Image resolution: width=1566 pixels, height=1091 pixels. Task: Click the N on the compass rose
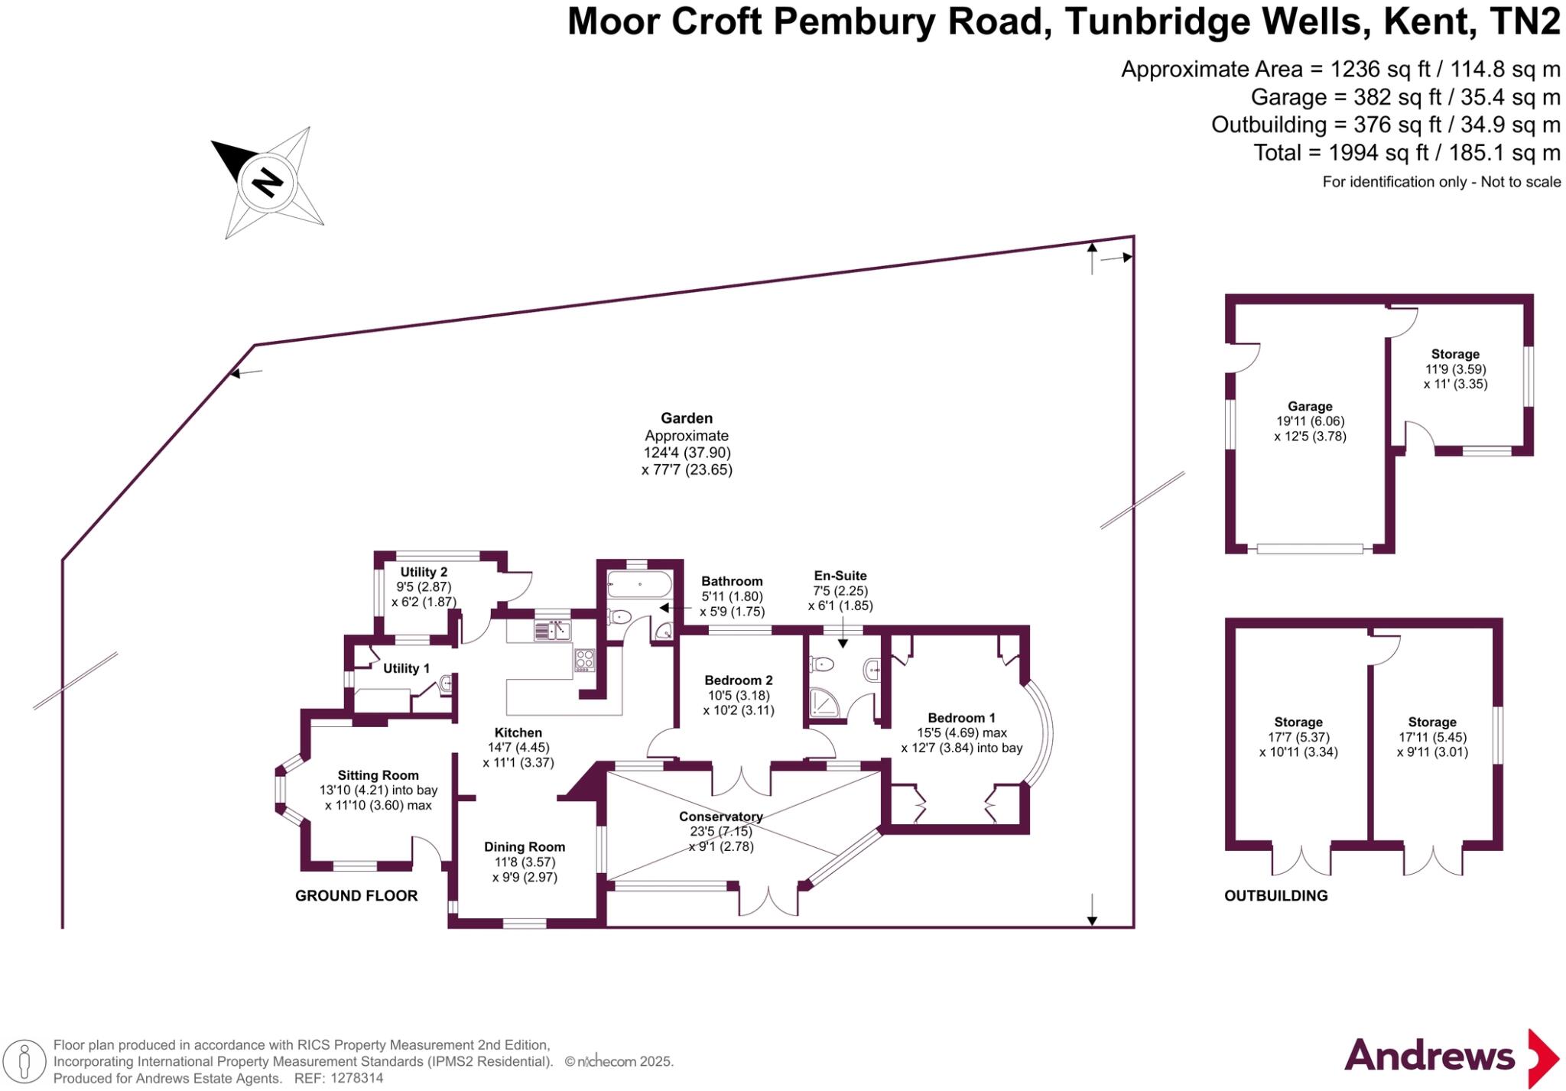268,182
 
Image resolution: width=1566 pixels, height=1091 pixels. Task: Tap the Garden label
687,418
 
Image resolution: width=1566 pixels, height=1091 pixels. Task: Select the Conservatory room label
720,817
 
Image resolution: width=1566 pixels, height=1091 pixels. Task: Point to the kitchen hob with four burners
585,660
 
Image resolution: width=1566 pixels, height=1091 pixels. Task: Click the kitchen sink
552,630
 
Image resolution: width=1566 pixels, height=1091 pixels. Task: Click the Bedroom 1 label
961,718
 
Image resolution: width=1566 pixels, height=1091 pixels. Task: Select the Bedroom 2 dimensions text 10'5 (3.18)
738,696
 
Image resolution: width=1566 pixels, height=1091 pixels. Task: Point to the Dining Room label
525,847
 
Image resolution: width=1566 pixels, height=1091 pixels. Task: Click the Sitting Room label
379,775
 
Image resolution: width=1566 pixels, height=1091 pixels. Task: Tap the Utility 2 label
424,572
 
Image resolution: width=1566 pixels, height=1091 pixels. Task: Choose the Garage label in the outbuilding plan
1310,407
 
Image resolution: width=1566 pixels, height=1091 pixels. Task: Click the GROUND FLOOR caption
356,896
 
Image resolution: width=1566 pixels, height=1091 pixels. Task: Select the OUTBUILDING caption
1276,896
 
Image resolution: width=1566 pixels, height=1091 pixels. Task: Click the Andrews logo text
1429,1056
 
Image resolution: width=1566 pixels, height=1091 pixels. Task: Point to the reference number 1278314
356,1079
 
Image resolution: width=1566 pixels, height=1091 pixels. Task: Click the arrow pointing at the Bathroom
675,608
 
